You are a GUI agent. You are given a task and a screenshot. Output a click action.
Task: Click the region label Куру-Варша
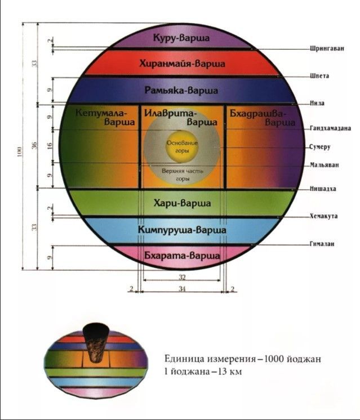pos(181,38)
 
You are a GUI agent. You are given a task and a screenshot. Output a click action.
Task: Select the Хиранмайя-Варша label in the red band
pos(183,64)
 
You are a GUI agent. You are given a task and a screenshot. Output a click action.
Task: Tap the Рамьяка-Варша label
pos(181,90)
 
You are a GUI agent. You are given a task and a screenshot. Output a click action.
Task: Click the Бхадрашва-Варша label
pos(263,118)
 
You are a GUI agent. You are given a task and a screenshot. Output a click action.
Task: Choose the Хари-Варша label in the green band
pos(183,203)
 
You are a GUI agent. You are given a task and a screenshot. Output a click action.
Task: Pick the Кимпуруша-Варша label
pos(182,230)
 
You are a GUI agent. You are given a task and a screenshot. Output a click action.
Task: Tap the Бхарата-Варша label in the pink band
pos(182,256)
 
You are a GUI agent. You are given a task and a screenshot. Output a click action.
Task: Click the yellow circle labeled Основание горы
pos(182,147)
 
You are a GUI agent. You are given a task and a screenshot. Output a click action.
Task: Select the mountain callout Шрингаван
pos(327,48)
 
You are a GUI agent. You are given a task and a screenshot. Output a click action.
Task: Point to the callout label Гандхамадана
pos(331,128)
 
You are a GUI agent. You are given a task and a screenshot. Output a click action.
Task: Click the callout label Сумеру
pos(320,147)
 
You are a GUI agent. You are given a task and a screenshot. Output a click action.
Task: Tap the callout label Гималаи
pos(322,244)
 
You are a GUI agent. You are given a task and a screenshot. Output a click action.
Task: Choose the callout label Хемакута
pos(324,216)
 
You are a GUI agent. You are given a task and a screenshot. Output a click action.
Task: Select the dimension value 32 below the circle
pos(182,277)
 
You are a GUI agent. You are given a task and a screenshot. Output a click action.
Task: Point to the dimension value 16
pos(50,146)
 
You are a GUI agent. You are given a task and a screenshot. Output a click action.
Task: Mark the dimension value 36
pos(34,146)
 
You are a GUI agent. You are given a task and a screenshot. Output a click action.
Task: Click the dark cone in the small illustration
pos(95,342)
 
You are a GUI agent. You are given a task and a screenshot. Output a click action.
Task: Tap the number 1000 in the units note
pos(274,359)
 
